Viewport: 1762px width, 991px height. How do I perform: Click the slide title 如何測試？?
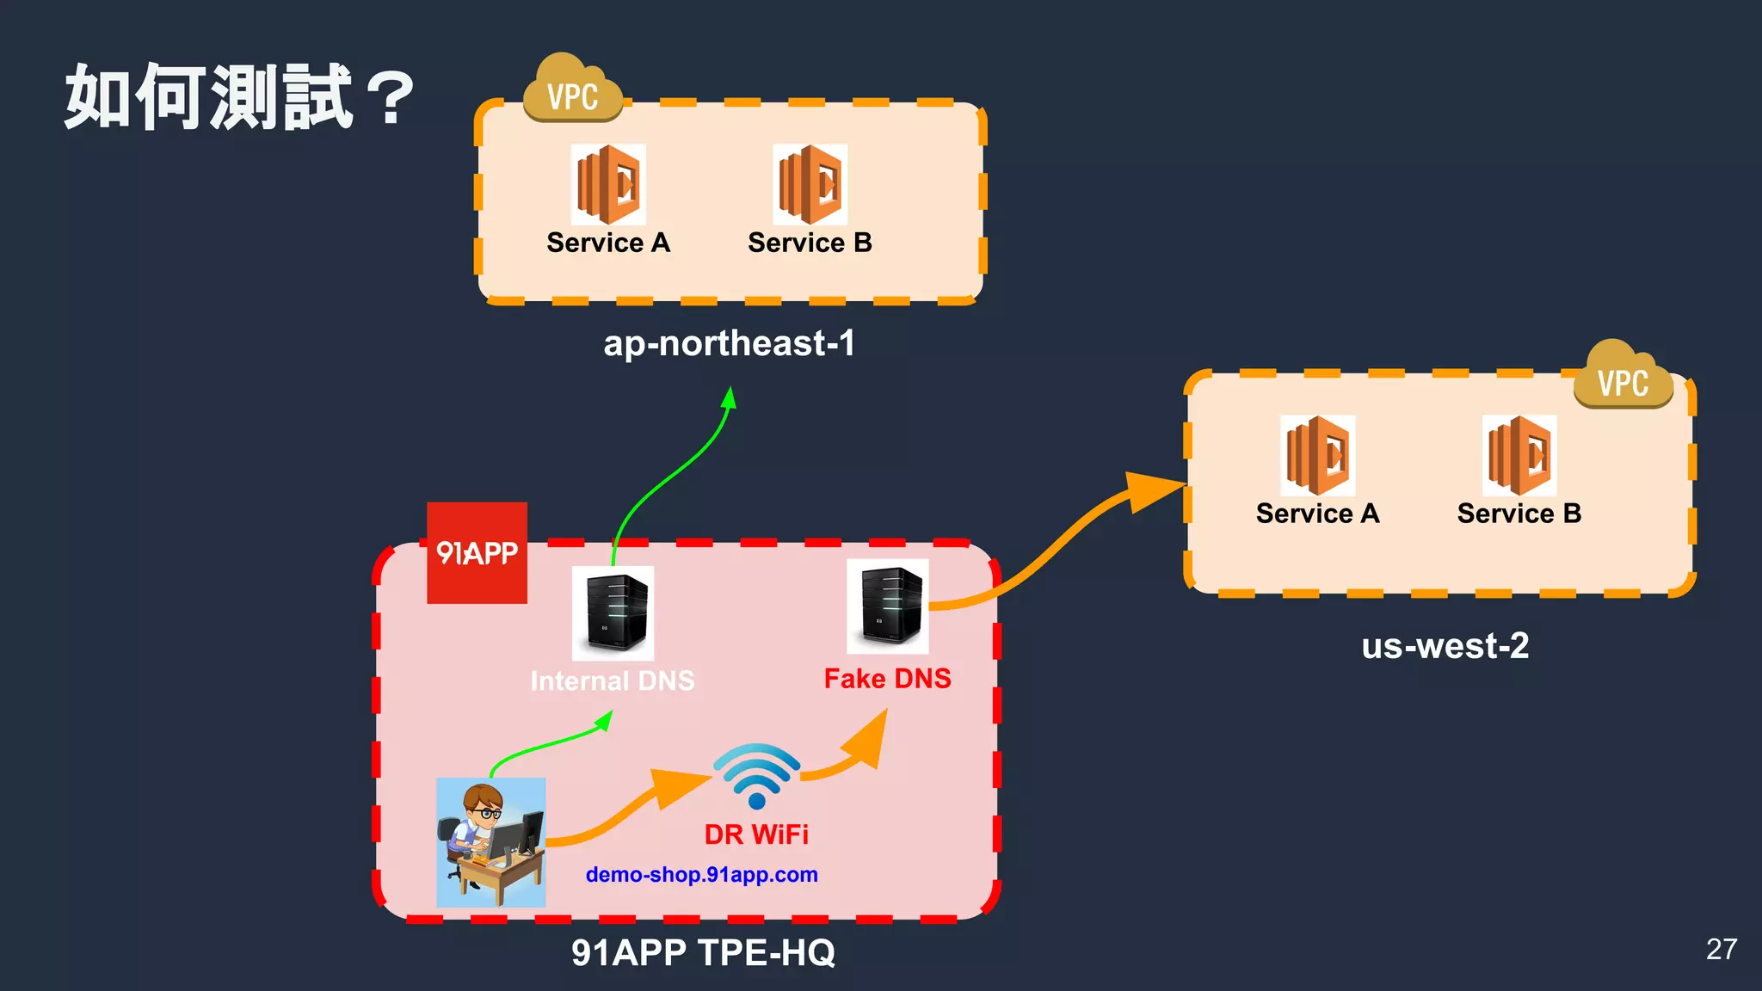[239, 96]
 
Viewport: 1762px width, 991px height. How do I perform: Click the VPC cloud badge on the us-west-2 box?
[1623, 377]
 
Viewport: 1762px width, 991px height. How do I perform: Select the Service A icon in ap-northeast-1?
[608, 184]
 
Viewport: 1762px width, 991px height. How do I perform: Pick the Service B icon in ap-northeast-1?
[810, 184]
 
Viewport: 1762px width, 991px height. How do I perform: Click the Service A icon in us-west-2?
[1317, 455]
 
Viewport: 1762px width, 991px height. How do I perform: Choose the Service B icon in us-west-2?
[1519, 455]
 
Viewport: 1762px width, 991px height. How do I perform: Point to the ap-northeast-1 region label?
[729, 343]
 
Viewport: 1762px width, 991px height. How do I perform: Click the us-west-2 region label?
[1445, 646]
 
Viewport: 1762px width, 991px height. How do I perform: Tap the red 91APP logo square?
[477, 552]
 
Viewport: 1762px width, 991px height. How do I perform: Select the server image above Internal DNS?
[613, 612]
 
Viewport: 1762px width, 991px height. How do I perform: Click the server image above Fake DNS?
[887, 606]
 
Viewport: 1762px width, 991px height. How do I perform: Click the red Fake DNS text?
[887, 679]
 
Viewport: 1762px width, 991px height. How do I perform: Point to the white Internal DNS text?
[612, 681]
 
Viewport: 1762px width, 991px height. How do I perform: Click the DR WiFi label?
[756, 834]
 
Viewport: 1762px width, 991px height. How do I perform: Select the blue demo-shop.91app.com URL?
[701, 875]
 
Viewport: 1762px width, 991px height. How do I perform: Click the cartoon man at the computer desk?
[490, 842]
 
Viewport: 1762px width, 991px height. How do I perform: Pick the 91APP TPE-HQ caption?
[703, 952]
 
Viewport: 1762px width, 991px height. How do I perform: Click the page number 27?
[1721, 949]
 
